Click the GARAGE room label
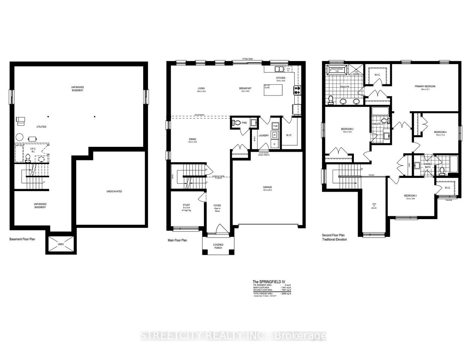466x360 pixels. tap(267, 187)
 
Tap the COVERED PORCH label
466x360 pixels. tap(218, 246)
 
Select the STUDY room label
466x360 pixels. tap(186, 205)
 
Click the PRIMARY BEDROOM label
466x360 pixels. tap(425, 86)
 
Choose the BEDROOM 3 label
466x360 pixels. tap(411, 196)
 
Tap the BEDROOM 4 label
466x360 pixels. tap(440, 132)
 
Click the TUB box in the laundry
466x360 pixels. tap(274, 126)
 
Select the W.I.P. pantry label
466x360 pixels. tap(289, 135)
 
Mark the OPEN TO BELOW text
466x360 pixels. tap(374, 205)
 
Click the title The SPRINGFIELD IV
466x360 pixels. tap(266, 282)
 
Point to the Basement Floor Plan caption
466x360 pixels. tap(22, 239)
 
